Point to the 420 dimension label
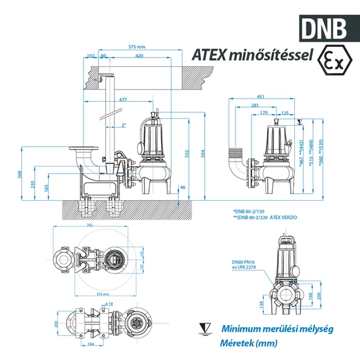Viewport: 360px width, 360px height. [139, 56]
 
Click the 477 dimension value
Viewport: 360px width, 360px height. [122, 99]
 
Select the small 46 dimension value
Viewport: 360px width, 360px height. [183, 188]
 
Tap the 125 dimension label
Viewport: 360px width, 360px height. [285, 114]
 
